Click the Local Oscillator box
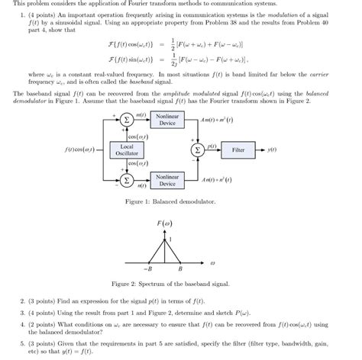pyautogui.click(x=126, y=149)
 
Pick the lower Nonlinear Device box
pyautogui.click(x=166, y=181)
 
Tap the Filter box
pyautogui.click(x=239, y=150)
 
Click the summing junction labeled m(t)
pyautogui.click(x=126, y=120)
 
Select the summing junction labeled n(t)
pyautogui.click(x=126, y=180)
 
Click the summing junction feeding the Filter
pyautogui.click(x=200, y=150)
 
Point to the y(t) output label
pyautogui.click(x=272, y=150)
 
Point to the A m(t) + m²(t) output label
pyautogui.click(x=218, y=120)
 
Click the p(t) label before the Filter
pyautogui.click(x=212, y=145)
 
